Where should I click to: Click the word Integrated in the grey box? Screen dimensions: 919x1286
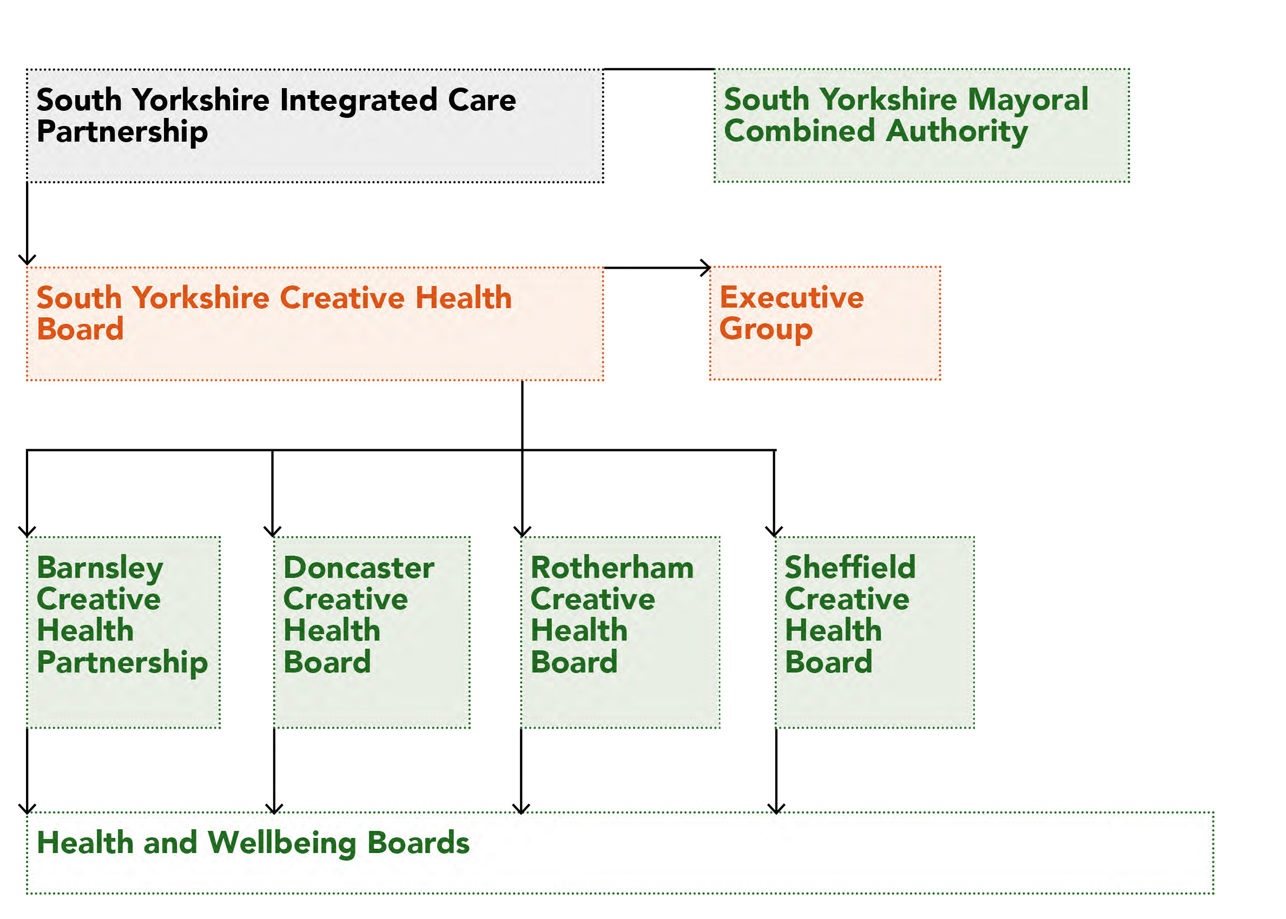pyautogui.click(x=358, y=101)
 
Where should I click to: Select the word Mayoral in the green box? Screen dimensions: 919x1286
pyautogui.click(x=1027, y=99)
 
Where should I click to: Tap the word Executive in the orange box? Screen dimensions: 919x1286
pyautogui.click(x=791, y=298)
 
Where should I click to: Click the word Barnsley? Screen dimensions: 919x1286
pyautogui.click(x=100, y=568)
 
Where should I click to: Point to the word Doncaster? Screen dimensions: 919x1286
pyautogui.click(x=359, y=568)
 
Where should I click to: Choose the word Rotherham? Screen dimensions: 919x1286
pyautogui.click(x=611, y=568)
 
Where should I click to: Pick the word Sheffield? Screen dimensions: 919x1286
pyautogui.click(x=849, y=568)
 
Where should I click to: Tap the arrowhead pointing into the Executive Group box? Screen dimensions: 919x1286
pyautogui.click(x=706, y=268)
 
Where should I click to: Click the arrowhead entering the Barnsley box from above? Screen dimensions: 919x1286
pyautogui.click(x=27, y=532)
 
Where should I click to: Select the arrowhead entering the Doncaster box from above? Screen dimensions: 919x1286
pyautogui.click(x=272, y=532)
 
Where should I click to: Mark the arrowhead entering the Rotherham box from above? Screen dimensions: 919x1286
pyautogui.click(x=522, y=532)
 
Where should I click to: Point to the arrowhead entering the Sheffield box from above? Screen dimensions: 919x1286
pyautogui.click(x=774, y=532)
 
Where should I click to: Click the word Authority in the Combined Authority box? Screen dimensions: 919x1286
pyautogui.click(x=956, y=131)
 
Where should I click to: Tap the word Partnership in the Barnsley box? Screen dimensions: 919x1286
pyautogui.click(x=122, y=663)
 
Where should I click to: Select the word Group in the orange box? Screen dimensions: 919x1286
pyautogui.click(x=766, y=329)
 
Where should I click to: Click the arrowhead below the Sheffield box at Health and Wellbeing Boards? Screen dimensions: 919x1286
pyautogui.click(x=776, y=809)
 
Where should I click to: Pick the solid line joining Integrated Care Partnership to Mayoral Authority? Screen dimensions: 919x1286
pyautogui.click(x=658, y=69)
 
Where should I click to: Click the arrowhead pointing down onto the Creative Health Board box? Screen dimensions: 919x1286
pyautogui.click(x=27, y=261)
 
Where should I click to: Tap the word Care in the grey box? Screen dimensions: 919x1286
pyautogui.click(x=482, y=101)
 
